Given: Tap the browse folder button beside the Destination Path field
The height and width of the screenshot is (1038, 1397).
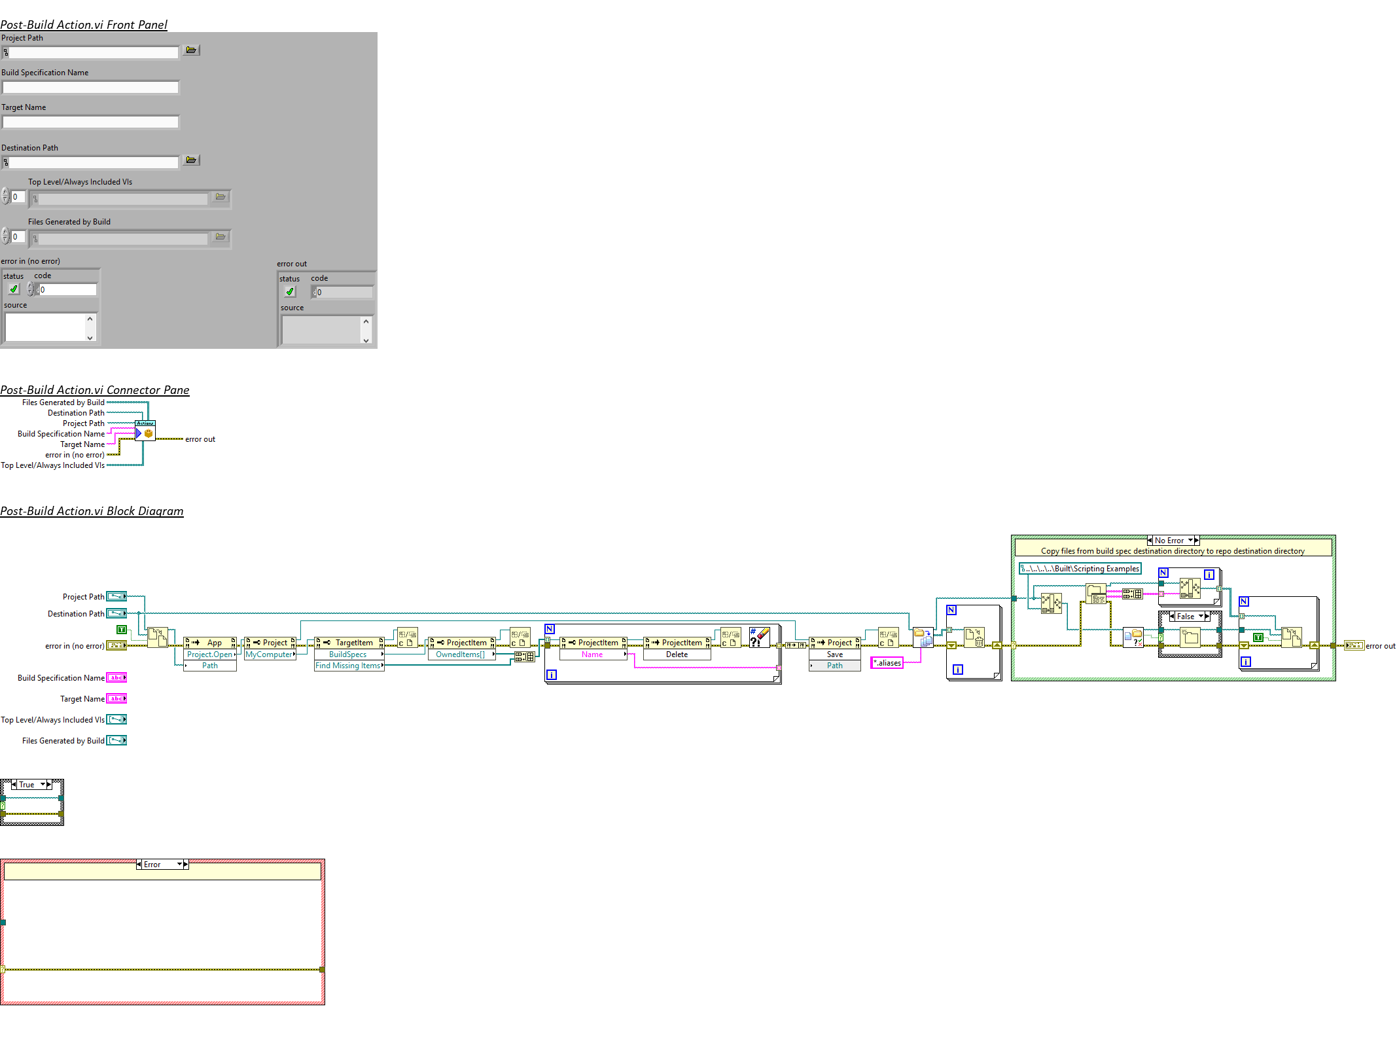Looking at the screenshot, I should click(x=191, y=160).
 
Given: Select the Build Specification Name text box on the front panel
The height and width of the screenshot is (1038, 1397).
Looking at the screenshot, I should click(x=90, y=87).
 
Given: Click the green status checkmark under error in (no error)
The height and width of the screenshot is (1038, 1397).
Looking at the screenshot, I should click(x=14, y=289).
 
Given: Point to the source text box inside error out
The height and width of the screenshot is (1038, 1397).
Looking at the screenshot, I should click(x=321, y=330).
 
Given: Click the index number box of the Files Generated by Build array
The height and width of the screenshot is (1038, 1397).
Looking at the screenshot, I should click(x=18, y=237).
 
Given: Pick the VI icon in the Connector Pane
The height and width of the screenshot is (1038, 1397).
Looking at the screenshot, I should click(x=145, y=431).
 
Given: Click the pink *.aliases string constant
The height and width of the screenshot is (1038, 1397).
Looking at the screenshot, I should click(x=887, y=663).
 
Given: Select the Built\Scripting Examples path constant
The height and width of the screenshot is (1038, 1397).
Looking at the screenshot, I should click(x=1080, y=569).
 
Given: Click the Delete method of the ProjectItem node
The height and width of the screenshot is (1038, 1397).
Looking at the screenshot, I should click(x=677, y=654).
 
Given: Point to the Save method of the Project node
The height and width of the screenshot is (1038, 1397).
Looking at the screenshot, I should click(x=834, y=654).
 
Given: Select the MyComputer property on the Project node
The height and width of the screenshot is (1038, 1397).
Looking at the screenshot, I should click(x=269, y=654).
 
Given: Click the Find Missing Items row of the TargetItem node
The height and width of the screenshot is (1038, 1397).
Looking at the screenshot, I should click(x=348, y=666).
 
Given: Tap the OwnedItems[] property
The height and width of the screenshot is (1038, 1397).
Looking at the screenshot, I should click(x=461, y=654).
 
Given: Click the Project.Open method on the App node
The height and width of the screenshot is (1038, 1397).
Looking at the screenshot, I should click(x=209, y=654).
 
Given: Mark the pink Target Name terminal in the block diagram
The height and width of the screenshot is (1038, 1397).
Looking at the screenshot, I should click(x=116, y=699).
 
